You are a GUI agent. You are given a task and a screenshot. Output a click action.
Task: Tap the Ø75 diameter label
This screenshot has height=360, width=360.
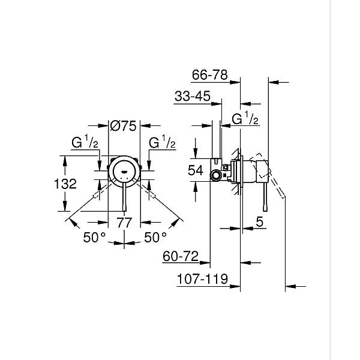pyautogui.click(x=124, y=125)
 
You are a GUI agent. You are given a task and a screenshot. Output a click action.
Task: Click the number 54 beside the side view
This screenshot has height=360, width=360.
pyautogui.click(x=196, y=170)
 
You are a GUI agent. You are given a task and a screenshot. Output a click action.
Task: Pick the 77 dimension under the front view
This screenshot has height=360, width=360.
pyautogui.click(x=124, y=223)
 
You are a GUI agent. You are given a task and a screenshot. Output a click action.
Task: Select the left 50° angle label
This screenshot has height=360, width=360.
pyautogui.click(x=95, y=238)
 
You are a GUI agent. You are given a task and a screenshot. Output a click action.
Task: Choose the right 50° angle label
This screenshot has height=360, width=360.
pyautogui.click(x=155, y=238)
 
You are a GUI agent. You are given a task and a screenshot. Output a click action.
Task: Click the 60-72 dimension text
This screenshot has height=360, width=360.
pyautogui.click(x=181, y=257)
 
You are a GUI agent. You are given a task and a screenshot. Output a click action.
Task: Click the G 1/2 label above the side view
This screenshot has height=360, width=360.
pyautogui.click(x=245, y=119)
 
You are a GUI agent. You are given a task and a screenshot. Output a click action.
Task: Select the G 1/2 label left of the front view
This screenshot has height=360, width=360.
pyautogui.click(x=85, y=143)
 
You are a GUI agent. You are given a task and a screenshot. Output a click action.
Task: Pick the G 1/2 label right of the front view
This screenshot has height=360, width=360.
pyautogui.click(x=162, y=143)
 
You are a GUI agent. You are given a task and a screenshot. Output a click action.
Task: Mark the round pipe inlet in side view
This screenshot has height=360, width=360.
pyautogui.click(x=215, y=175)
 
